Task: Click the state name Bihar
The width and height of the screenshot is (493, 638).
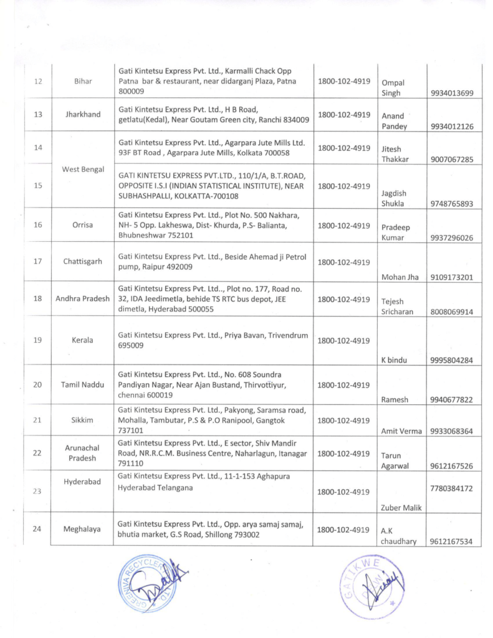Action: click(x=83, y=82)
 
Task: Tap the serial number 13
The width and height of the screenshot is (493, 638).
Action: click(x=38, y=115)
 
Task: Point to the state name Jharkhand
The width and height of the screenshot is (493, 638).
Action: click(x=83, y=115)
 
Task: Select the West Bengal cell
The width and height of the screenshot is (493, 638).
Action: click(x=83, y=169)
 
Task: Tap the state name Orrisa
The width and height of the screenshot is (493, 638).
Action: click(x=83, y=225)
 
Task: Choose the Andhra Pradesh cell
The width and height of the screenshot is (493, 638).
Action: click(x=83, y=298)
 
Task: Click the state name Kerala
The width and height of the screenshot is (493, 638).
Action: click(x=83, y=340)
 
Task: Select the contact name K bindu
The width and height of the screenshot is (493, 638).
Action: click(x=393, y=360)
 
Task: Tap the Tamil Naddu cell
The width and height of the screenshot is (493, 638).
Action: click(x=83, y=384)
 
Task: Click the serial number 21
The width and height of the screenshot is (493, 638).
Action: click(x=38, y=420)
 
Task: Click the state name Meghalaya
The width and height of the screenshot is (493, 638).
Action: click(x=83, y=530)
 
